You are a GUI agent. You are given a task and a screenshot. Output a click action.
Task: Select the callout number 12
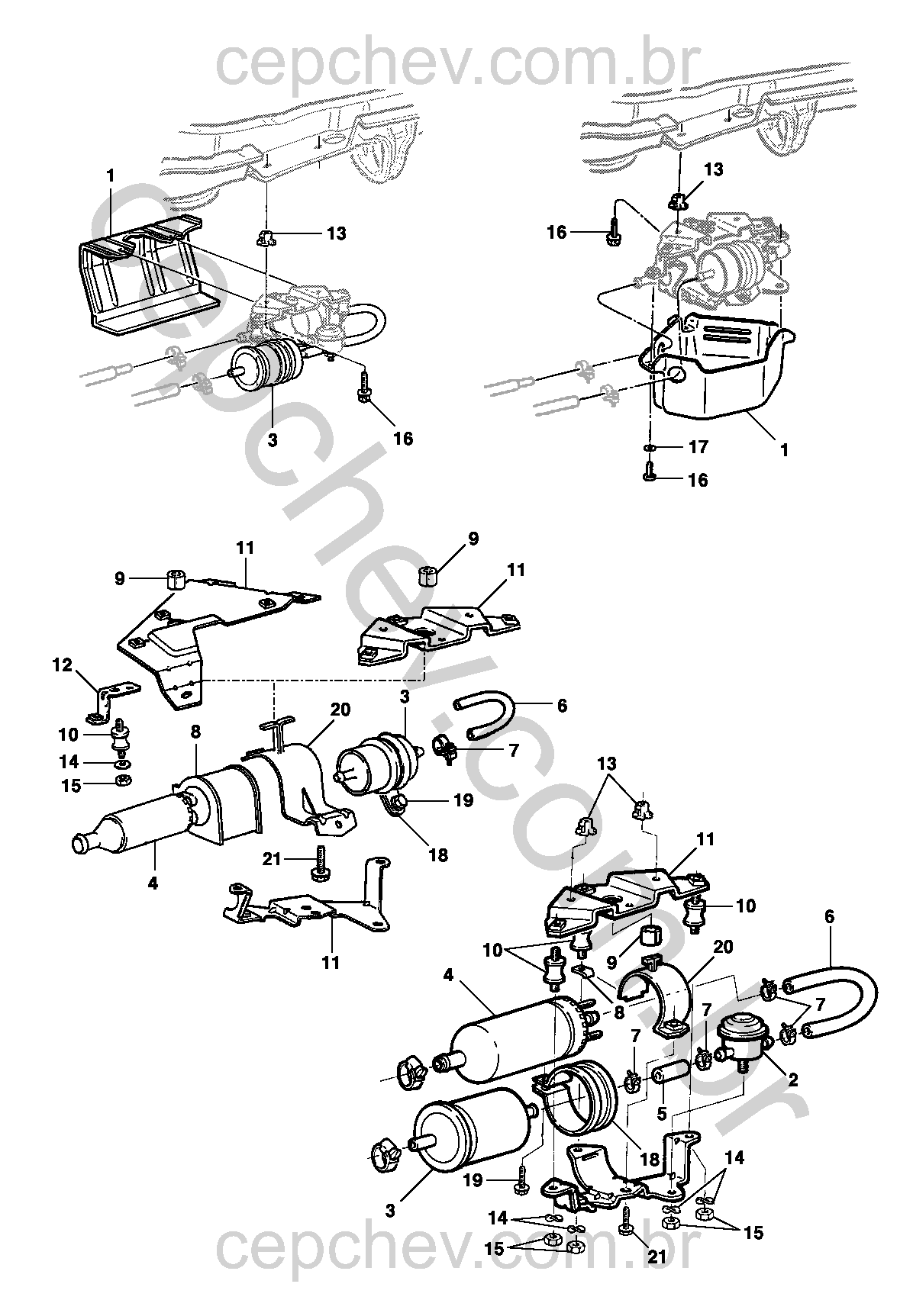[x=63, y=665]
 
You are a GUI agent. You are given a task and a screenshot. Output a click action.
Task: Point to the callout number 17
[x=698, y=446]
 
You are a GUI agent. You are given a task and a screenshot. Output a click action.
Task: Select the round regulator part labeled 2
[x=740, y=1034]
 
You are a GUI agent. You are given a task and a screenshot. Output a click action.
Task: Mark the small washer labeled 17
[x=649, y=446]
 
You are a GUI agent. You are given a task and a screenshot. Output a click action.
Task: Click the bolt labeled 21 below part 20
[x=319, y=864]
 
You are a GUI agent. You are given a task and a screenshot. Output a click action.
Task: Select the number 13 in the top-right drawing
[x=713, y=169]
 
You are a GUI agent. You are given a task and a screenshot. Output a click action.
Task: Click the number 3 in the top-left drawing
[x=273, y=441]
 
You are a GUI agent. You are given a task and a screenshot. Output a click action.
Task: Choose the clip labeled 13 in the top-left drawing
[x=266, y=238]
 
